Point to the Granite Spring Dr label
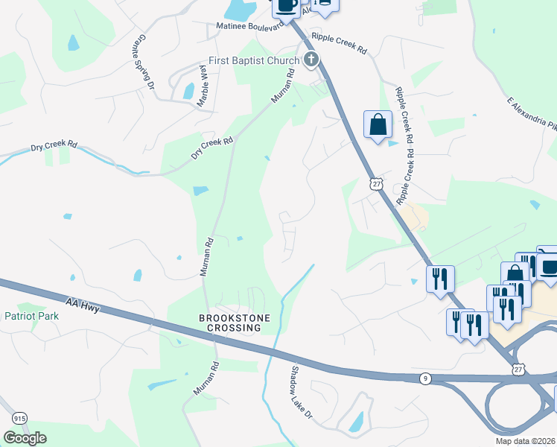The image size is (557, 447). pyautogui.click(x=145, y=63)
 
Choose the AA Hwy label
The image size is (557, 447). pyautogui.click(x=82, y=300)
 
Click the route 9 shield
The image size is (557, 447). pyautogui.click(x=424, y=379)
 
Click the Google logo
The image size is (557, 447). pyautogui.click(x=25, y=438)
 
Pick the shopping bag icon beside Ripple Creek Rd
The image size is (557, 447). pyautogui.click(x=378, y=124)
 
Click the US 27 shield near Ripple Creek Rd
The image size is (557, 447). pyautogui.click(x=377, y=183)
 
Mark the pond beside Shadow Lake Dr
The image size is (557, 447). pyautogui.click(x=357, y=422)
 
